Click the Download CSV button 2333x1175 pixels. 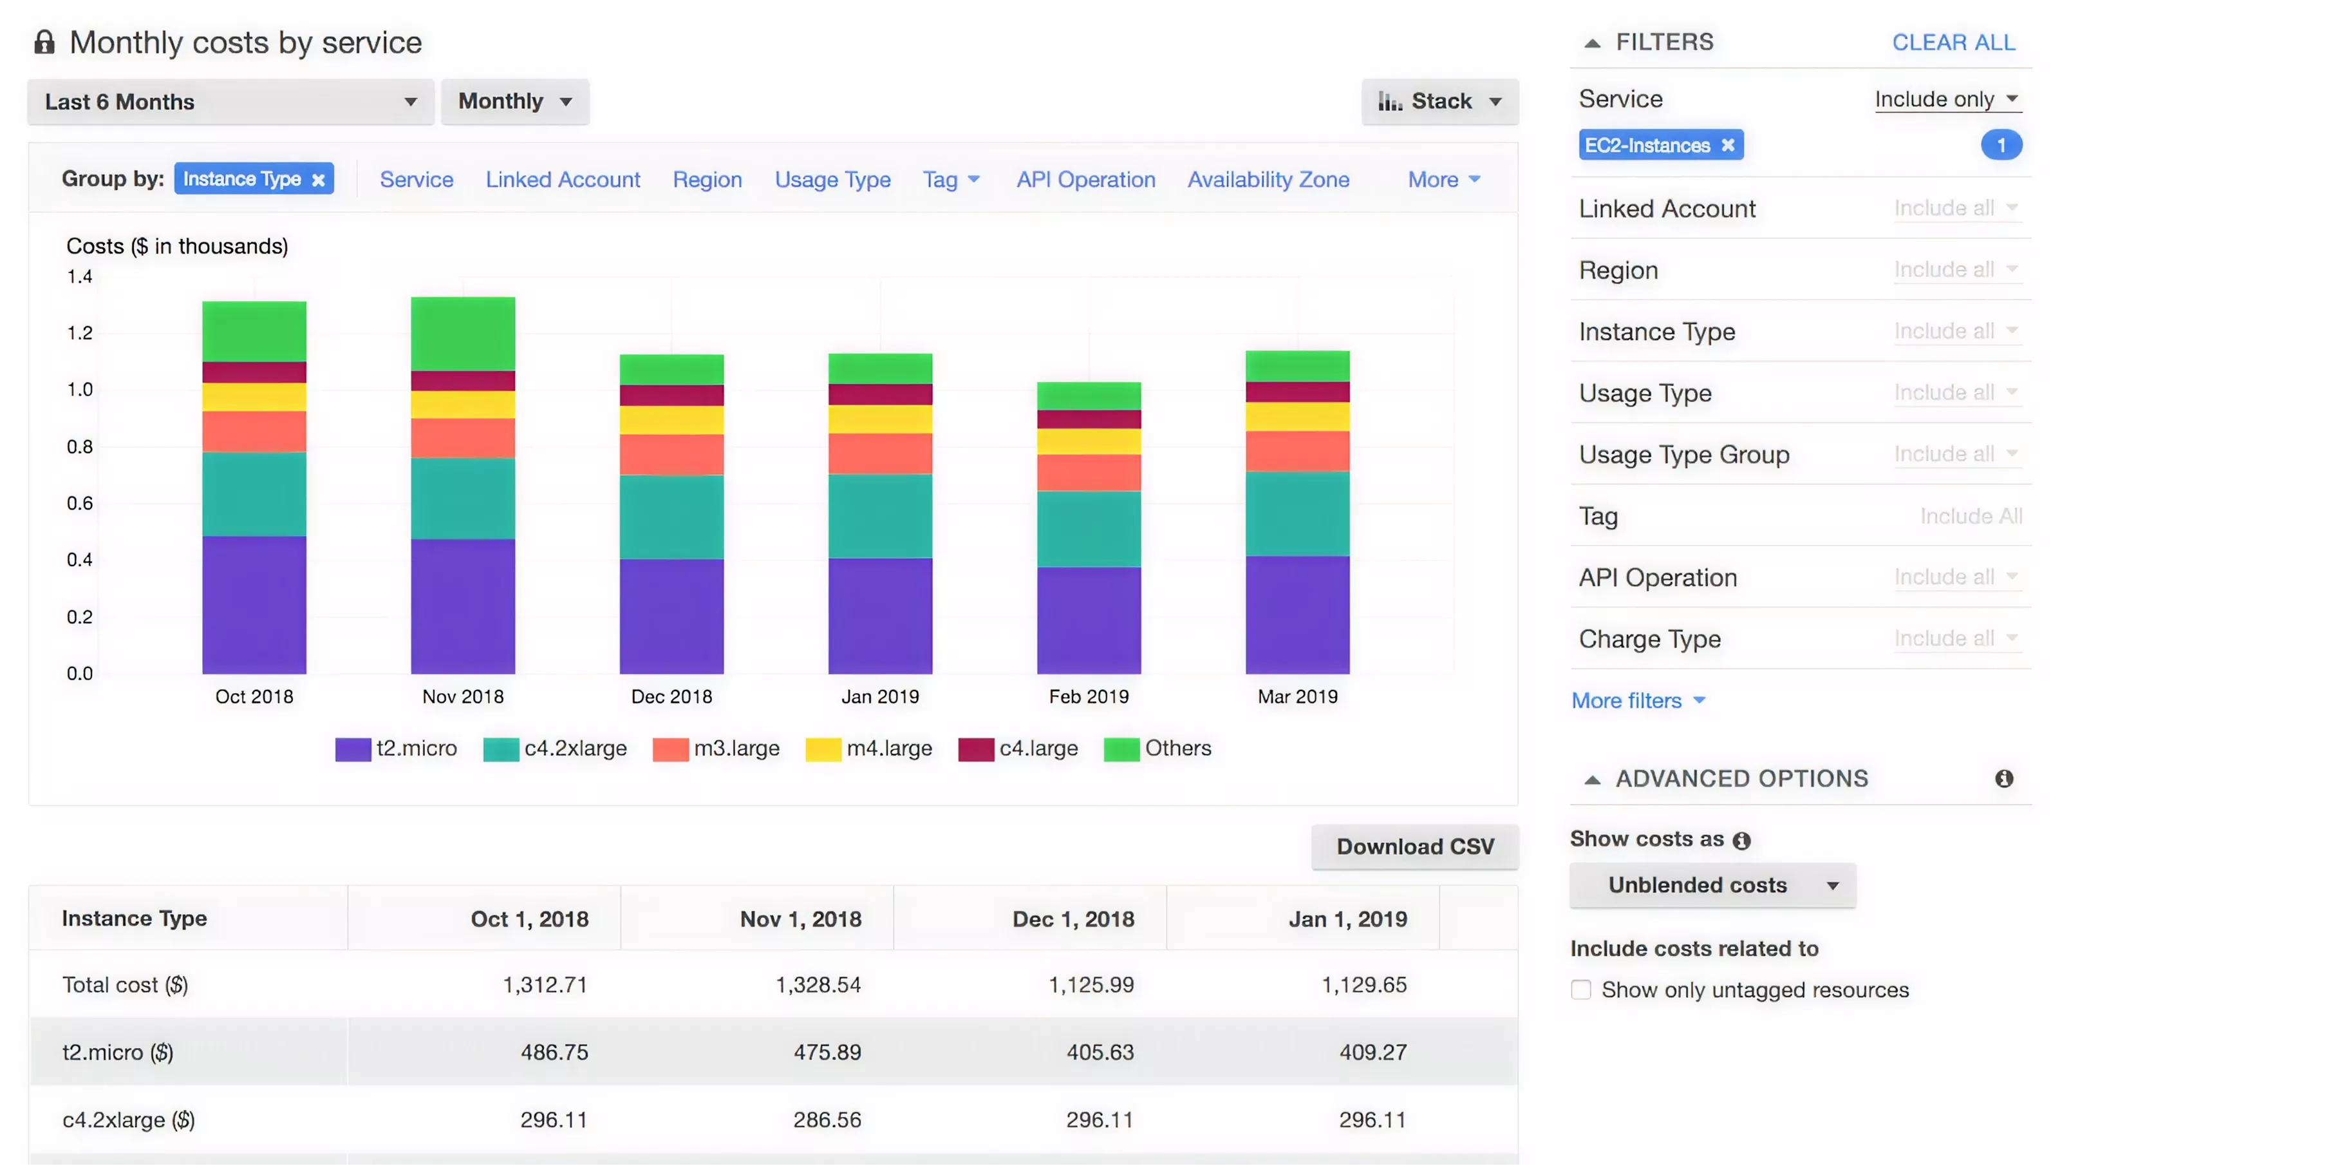tap(1414, 846)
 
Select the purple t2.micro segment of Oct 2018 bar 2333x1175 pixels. tap(254, 604)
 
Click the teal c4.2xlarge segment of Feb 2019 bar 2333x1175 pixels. tap(1089, 528)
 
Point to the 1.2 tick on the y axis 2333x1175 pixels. tap(80, 332)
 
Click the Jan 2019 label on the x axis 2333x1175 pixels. tap(879, 696)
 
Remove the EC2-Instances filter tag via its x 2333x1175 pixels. tap(1728, 145)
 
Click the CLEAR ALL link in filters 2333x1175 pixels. tap(1953, 43)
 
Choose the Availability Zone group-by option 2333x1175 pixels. tap(1268, 179)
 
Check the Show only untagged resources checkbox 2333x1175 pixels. tap(1580, 989)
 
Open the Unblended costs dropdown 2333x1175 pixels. tap(1712, 885)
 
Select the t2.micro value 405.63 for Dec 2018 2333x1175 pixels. tap(1100, 1052)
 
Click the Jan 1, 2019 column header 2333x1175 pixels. tap(1347, 919)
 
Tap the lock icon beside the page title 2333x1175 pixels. tap(44, 43)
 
